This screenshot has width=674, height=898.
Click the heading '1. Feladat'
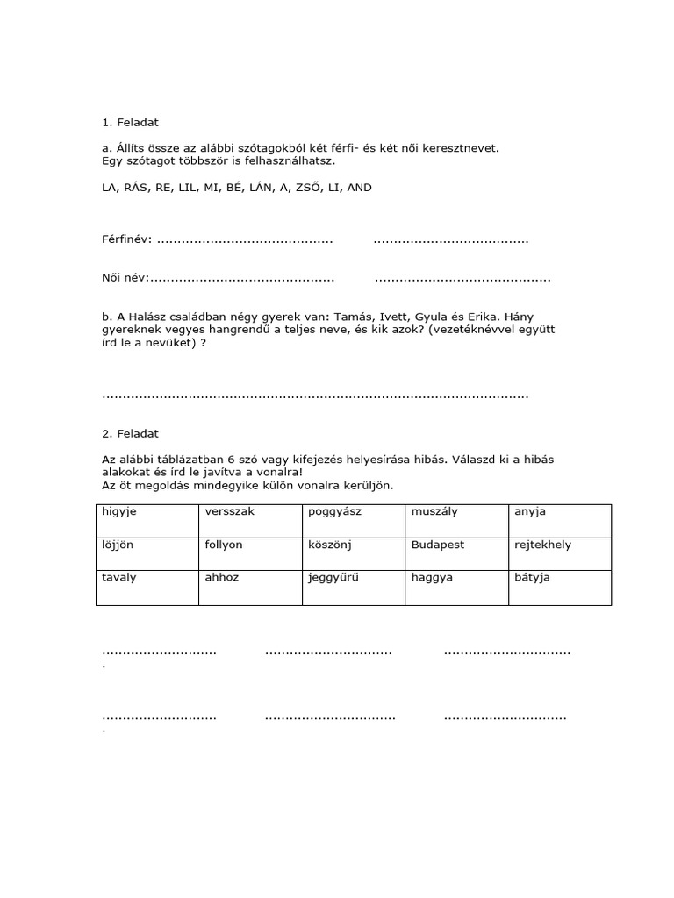click(130, 123)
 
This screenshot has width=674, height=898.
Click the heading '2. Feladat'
click(130, 433)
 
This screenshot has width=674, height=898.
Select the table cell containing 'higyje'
click(147, 520)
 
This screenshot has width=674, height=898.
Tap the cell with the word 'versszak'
click(250, 520)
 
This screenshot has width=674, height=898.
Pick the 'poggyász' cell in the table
click(353, 520)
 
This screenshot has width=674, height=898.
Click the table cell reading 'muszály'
click(456, 520)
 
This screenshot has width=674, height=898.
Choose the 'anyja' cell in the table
click(559, 520)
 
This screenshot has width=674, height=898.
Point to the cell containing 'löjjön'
click(147, 553)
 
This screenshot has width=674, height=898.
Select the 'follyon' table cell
click(250, 553)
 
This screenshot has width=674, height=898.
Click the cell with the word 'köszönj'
click(353, 553)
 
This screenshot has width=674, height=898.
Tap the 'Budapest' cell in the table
click(456, 553)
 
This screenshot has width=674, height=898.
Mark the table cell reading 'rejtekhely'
click(559, 553)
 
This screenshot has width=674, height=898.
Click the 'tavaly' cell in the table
click(147, 587)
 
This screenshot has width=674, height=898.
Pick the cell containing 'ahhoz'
click(250, 587)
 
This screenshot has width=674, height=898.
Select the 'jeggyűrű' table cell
click(353, 587)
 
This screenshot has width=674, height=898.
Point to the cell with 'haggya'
click(456, 587)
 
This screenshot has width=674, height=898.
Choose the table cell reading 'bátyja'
click(559, 587)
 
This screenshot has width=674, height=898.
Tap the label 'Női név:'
click(125, 279)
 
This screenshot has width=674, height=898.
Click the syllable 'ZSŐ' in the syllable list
click(302, 188)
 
